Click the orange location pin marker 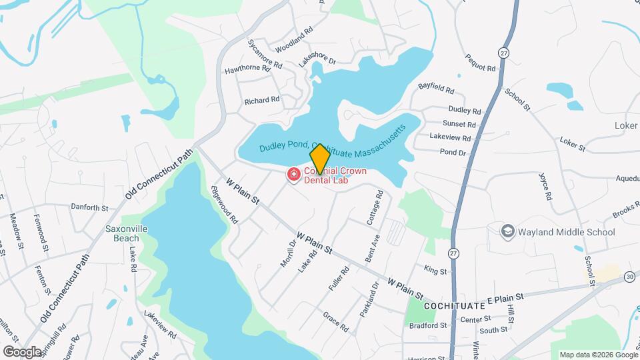click(x=319, y=159)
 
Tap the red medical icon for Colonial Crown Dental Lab click(x=293, y=175)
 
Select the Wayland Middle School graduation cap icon click(x=509, y=231)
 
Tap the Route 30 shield click(x=630, y=276)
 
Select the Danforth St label click(x=89, y=208)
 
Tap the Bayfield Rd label click(x=436, y=88)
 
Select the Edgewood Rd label click(x=224, y=203)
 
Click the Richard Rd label click(x=262, y=101)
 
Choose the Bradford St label click(x=428, y=325)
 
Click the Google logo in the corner click(x=22, y=351)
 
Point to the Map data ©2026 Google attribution click(x=598, y=355)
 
